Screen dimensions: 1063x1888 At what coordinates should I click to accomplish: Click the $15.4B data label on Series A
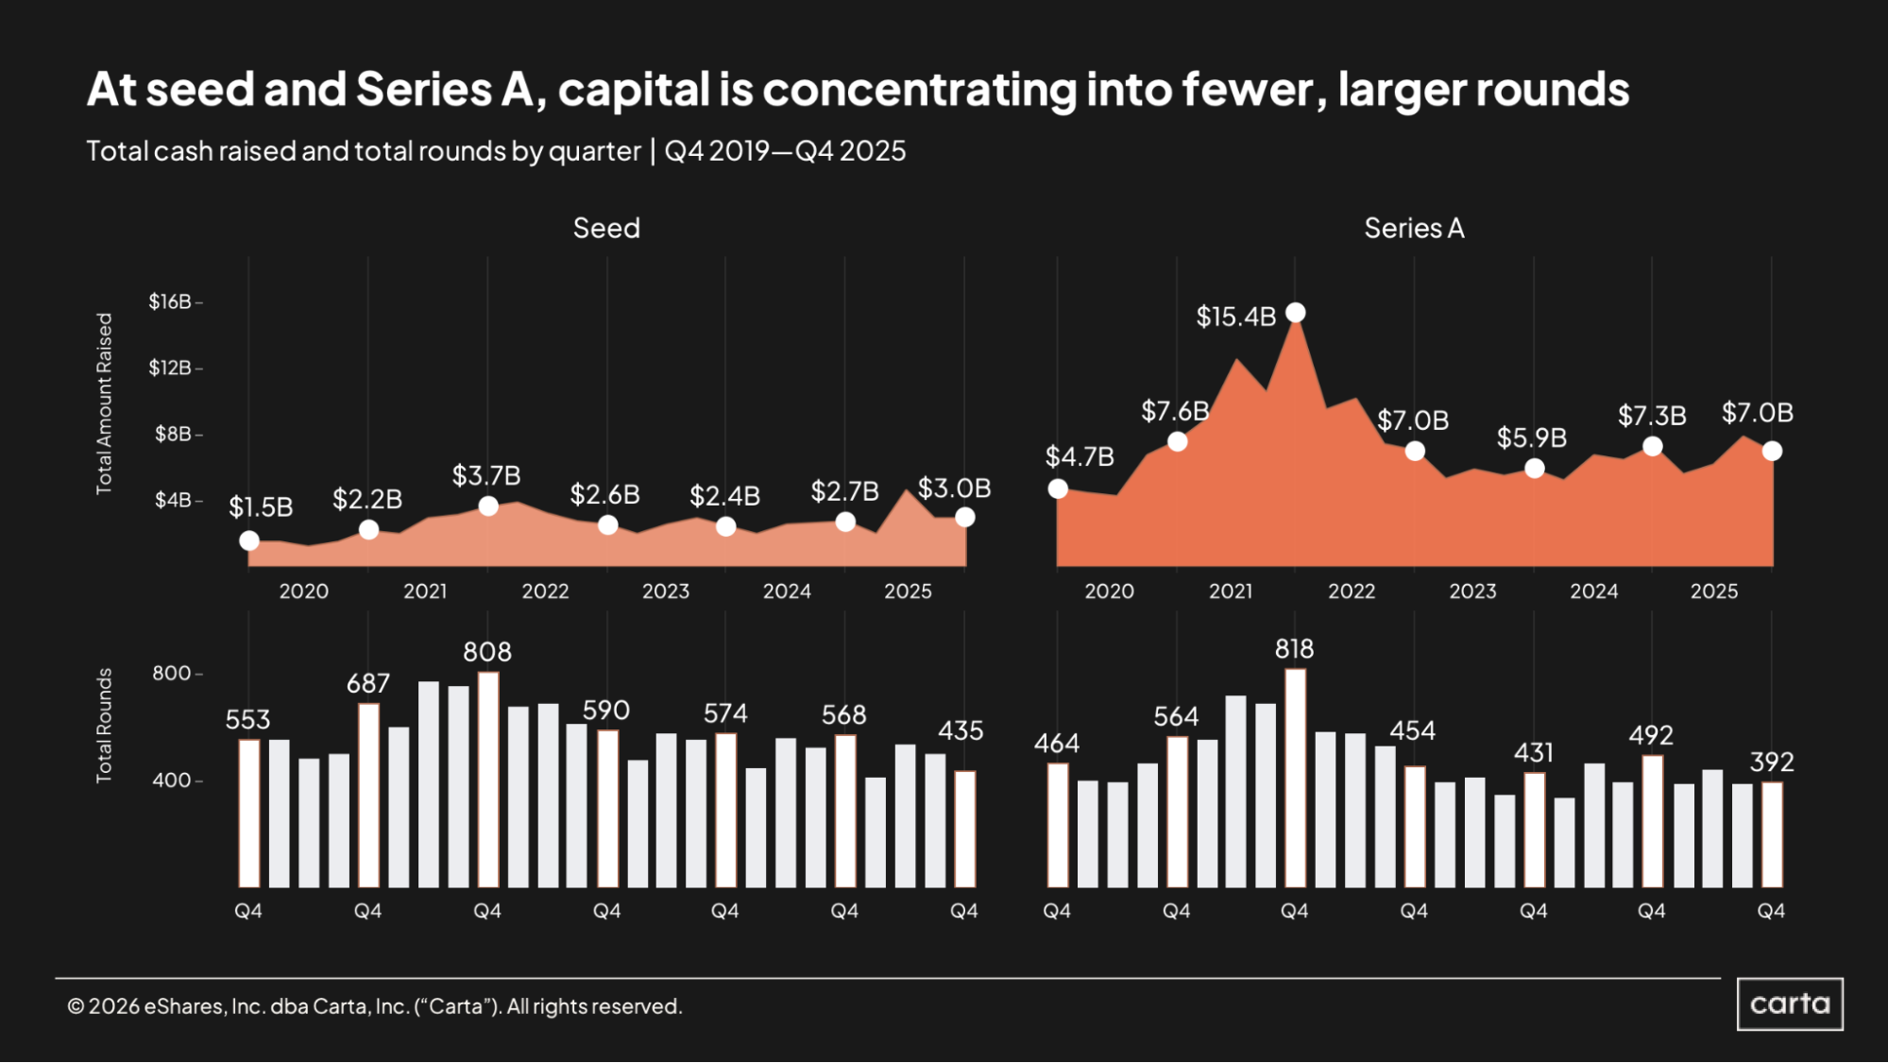pyautogui.click(x=1235, y=317)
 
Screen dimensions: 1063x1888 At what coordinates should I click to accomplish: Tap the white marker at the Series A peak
pyautogui.click(x=1296, y=313)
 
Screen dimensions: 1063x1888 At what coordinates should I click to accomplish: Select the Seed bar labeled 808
pyautogui.click(x=487, y=780)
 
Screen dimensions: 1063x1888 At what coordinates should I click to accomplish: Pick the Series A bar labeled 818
pyautogui.click(x=1295, y=778)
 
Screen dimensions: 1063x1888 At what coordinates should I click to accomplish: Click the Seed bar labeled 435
pyautogui.click(x=964, y=829)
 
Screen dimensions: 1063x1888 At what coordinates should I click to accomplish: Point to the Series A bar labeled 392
pyautogui.click(x=1772, y=834)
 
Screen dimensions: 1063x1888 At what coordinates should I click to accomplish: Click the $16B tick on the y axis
pyautogui.click(x=170, y=301)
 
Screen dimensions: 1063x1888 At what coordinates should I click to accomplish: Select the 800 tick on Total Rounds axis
pyautogui.click(x=172, y=674)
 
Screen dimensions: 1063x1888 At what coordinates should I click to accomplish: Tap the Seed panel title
pyautogui.click(x=606, y=228)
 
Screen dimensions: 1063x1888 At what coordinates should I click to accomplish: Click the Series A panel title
pyautogui.click(x=1414, y=228)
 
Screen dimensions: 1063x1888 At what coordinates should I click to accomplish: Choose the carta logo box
pyautogui.click(x=1790, y=1003)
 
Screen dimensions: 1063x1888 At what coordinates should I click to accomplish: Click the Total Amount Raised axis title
pyautogui.click(x=104, y=403)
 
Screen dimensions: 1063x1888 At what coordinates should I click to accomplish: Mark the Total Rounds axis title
pyautogui.click(x=104, y=726)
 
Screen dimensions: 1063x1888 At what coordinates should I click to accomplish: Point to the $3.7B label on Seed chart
pyautogui.click(x=486, y=475)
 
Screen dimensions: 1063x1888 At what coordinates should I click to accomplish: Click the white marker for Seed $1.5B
pyautogui.click(x=249, y=540)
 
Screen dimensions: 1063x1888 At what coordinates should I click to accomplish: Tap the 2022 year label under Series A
pyautogui.click(x=1352, y=592)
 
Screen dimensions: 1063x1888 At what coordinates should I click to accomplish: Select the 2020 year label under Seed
pyautogui.click(x=304, y=592)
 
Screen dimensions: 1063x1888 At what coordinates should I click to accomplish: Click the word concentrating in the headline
pyautogui.click(x=919, y=90)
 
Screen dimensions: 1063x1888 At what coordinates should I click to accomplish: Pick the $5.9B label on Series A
pyautogui.click(x=1531, y=437)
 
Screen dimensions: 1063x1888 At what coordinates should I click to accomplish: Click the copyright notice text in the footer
pyautogui.click(x=374, y=1006)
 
